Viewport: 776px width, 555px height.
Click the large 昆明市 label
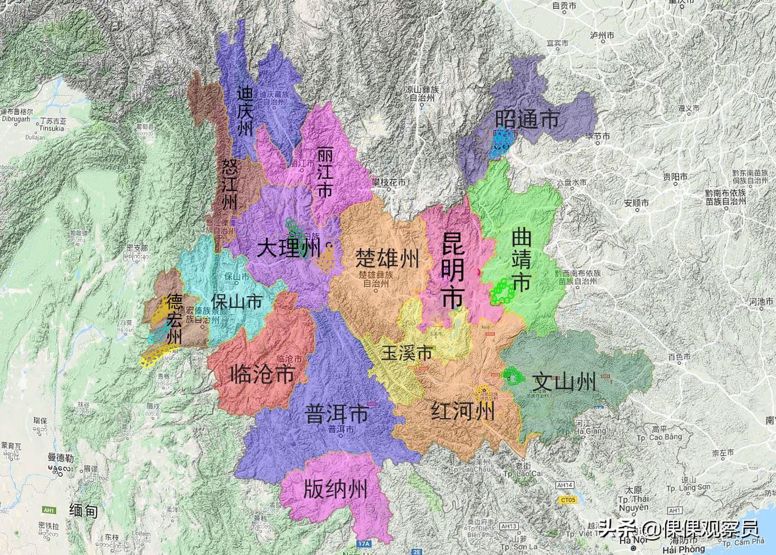(x=453, y=270)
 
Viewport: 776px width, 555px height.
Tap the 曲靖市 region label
(x=521, y=261)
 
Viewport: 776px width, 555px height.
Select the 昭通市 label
(x=527, y=119)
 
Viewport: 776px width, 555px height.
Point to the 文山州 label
(x=565, y=382)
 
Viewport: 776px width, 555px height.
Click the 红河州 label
(x=463, y=411)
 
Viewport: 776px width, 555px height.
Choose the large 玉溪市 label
(x=407, y=353)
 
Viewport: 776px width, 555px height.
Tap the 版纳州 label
(x=335, y=489)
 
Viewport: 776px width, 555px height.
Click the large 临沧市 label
(x=262, y=374)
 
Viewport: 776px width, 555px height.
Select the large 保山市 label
(x=237, y=302)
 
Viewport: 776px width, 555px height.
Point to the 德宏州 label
(x=174, y=319)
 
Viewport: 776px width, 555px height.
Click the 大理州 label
(x=288, y=248)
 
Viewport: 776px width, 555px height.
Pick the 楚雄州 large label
(x=387, y=258)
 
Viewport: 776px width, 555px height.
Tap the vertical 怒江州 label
(x=229, y=183)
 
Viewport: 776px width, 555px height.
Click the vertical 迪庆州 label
(x=245, y=111)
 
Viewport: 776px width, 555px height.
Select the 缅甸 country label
(x=83, y=510)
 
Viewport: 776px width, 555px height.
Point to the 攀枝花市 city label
(x=389, y=182)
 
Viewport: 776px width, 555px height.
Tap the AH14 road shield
(x=565, y=485)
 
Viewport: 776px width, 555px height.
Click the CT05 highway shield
(x=568, y=499)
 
